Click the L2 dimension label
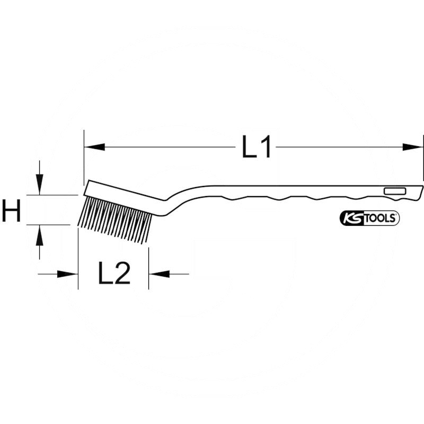tap(114, 274)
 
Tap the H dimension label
tap(11, 210)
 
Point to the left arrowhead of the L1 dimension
tap(94, 147)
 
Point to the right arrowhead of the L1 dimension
tap(413, 147)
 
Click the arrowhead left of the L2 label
tap(68, 274)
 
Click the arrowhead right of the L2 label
tap(158, 274)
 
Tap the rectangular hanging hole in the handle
tap(395, 191)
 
